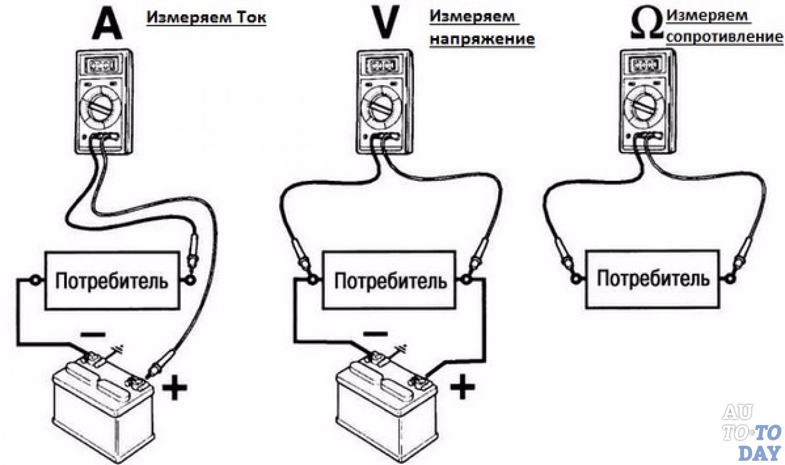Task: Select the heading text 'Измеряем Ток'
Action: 206,18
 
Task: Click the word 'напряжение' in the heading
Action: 482,39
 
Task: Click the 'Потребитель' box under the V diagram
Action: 390,281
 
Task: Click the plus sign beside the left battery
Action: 175,388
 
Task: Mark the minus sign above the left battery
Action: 93,334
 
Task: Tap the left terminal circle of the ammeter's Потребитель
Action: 36,281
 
